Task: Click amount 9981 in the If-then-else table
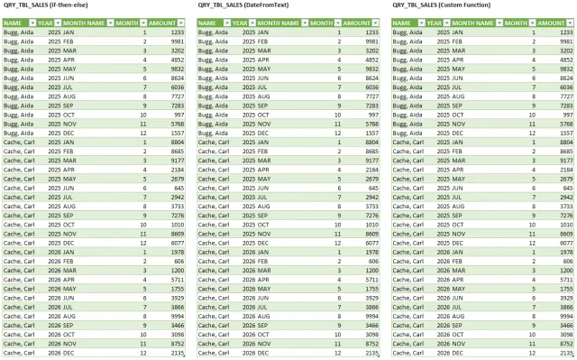pos(175,42)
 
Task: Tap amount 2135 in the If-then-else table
pos(175,353)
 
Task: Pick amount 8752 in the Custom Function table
pos(564,344)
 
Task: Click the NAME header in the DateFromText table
pos(209,22)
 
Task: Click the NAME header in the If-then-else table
pos(14,22)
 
